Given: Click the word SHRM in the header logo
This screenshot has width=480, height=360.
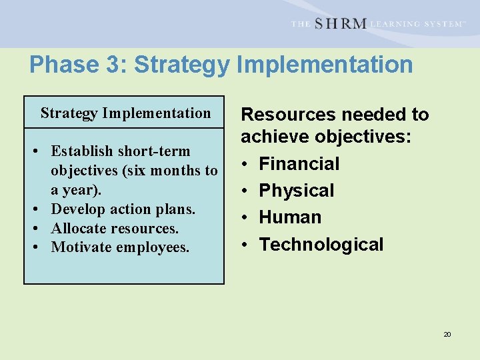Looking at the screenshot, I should coord(340,23).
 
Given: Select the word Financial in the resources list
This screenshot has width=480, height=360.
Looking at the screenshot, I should coord(299,163).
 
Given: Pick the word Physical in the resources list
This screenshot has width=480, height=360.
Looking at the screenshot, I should coord(297,191).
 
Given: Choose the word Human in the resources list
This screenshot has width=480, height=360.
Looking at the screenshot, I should coord(290,217).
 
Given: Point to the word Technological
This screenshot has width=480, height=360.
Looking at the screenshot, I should coord(321,245).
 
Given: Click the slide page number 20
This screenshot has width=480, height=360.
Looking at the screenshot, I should coord(447,334).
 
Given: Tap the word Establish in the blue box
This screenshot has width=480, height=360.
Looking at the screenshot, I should coord(83,151).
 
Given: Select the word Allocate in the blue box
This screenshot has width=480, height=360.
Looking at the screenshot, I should coord(79,228).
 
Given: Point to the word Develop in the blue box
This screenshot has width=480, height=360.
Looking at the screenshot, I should coord(78,209).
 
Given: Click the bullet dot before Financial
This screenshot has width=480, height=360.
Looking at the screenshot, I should coord(245,164).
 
